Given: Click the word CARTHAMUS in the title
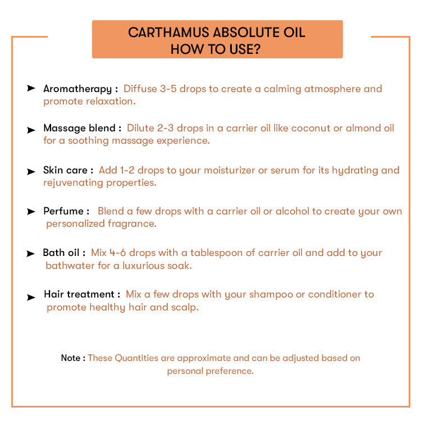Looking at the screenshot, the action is [168, 33].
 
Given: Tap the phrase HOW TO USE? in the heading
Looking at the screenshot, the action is [216, 49].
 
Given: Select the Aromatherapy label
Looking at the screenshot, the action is [77, 89].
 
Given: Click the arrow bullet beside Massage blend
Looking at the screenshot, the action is [31, 130].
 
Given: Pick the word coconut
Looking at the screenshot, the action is [311, 128].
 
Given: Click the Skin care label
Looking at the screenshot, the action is [66, 170].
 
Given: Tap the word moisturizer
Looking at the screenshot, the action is [230, 170].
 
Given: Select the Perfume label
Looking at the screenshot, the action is [63, 211].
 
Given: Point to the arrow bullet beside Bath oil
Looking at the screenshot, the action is [30, 253].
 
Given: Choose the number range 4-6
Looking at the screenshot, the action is [118, 253].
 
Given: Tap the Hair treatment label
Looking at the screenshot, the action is [79, 294].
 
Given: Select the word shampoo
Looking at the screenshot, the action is [271, 295].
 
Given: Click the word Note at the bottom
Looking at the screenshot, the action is [71, 358].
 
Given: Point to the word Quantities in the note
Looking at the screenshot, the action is [136, 358].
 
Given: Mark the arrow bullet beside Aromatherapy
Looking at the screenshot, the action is [31, 88].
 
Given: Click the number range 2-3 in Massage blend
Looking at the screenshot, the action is [166, 128].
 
